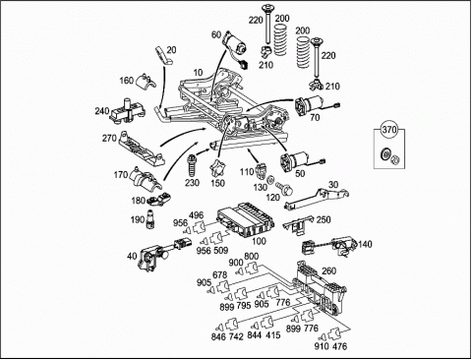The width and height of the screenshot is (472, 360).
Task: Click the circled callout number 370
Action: (x=389, y=130)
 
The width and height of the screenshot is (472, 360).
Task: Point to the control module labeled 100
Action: (x=246, y=219)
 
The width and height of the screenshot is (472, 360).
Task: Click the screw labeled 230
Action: (x=192, y=165)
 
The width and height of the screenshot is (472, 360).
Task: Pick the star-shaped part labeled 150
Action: (x=216, y=169)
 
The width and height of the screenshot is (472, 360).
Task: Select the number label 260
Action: (x=328, y=270)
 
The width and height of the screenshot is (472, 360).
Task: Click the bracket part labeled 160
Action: (x=146, y=82)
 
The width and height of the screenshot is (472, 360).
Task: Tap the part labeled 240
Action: (x=128, y=111)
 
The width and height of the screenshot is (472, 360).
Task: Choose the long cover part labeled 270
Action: (x=142, y=148)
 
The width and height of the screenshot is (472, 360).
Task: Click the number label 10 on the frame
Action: (x=198, y=73)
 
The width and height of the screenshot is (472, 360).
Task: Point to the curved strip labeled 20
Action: (x=163, y=55)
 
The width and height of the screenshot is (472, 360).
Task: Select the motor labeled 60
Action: (x=234, y=46)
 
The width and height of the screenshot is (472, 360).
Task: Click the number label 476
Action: (x=339, y=346)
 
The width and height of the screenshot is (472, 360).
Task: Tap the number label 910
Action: (x=322, y=346)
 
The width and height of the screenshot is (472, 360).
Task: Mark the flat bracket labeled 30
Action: (x=317, y=198)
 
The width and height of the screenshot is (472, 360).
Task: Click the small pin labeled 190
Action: (x=150, y=217)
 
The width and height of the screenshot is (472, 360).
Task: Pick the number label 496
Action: (x=196, y=215)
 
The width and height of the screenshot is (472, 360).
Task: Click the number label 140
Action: (x=365, y=244)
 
